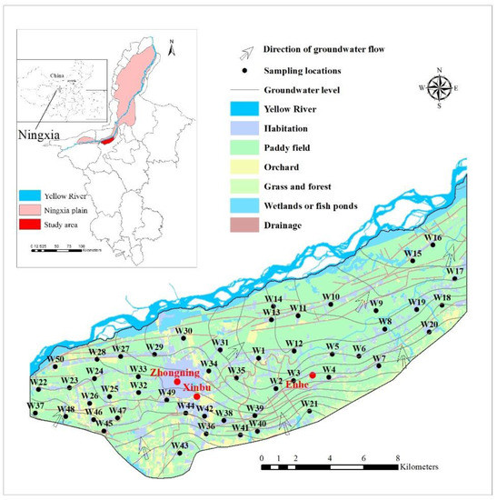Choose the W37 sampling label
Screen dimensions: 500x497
coord(35,405)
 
